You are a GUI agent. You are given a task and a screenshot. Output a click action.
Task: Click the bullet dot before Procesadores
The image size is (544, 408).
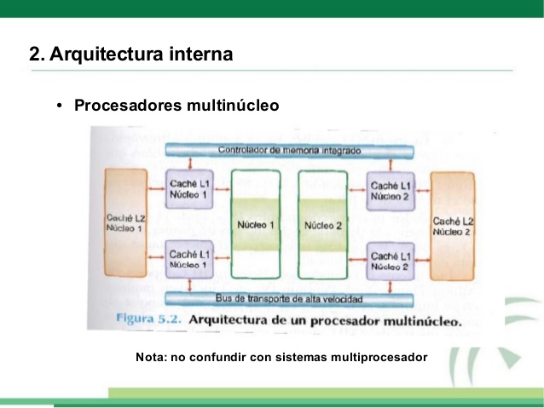60,106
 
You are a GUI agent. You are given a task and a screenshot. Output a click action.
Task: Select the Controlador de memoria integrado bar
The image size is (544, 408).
290,151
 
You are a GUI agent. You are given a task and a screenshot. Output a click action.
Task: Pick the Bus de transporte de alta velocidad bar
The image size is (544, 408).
290,299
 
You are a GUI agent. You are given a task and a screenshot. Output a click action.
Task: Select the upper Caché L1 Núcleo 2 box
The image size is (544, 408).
391,189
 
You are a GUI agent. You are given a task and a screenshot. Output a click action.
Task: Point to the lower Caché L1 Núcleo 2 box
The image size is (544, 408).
391,260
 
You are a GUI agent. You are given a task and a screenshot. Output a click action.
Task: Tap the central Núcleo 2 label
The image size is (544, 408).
322,226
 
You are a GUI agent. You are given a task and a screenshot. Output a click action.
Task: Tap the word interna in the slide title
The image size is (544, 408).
200,55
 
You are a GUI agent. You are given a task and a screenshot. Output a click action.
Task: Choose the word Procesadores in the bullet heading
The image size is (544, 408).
124,106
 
